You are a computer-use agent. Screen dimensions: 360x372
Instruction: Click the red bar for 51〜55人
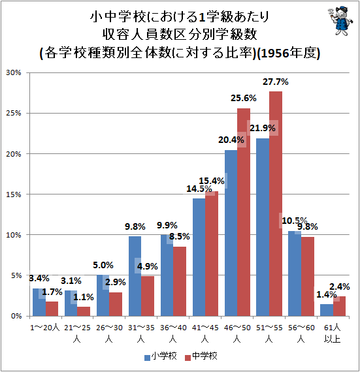point(276,204)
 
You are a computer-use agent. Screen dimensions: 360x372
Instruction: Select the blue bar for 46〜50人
point(231,233)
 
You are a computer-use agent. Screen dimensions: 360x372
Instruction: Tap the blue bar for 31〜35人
point(135,276)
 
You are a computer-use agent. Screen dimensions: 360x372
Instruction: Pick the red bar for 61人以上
point(339,306)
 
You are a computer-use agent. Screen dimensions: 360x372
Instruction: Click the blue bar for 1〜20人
point(39,302)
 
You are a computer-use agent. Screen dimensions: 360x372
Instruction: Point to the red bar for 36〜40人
point(180,281)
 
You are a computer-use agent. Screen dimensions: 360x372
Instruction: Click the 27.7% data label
point(276,82)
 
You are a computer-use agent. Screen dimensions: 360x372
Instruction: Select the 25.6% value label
point(244,98)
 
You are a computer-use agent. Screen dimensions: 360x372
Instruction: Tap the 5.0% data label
point(103,265)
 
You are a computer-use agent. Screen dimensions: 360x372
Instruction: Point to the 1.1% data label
point(84,297)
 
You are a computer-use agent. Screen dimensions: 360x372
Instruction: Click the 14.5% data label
point(199,189)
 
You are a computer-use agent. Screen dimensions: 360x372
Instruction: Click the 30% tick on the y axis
point(14,73)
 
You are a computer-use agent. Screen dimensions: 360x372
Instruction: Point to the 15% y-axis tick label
point(14,194)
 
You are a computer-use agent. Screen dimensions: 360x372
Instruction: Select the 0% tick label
point(16,317)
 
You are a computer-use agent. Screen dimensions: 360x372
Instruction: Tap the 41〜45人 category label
point(205,333)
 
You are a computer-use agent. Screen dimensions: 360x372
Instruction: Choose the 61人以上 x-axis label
point(333,333)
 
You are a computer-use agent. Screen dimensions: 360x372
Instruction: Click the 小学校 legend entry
point(161,356)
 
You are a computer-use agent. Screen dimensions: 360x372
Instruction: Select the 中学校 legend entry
point(201,356)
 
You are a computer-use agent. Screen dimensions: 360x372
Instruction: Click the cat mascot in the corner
point(340,21)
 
